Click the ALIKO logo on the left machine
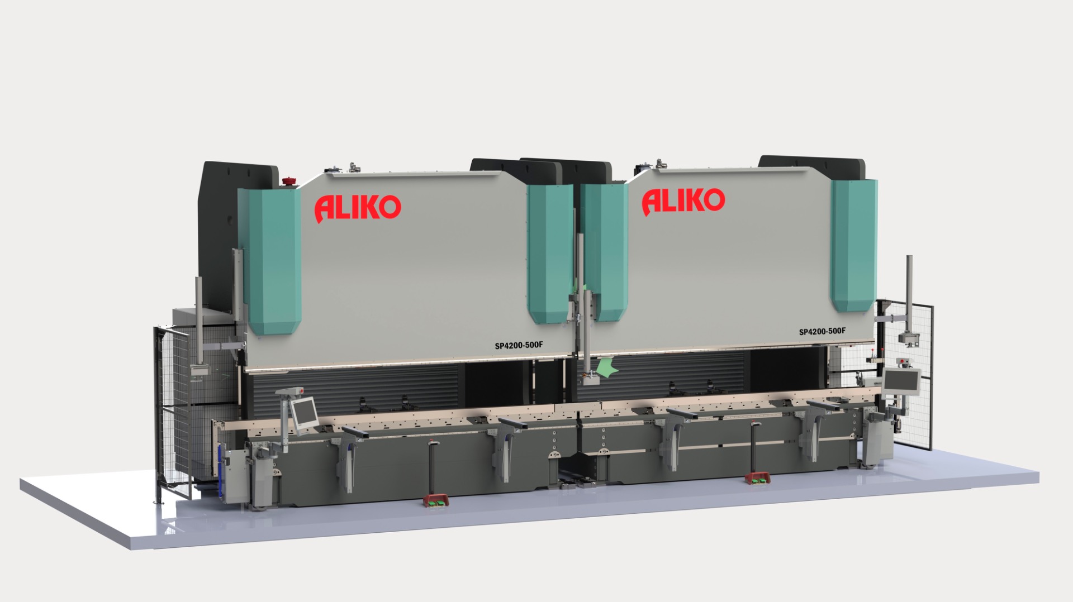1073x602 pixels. tap(358, 208)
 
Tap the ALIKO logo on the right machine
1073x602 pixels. tap(683, 201)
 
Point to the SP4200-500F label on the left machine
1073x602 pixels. tap(519, 345)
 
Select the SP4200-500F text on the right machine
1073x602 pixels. tap(822, 331)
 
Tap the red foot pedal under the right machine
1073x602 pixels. tap(757, 478)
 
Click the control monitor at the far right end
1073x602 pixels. tap(901, 380)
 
